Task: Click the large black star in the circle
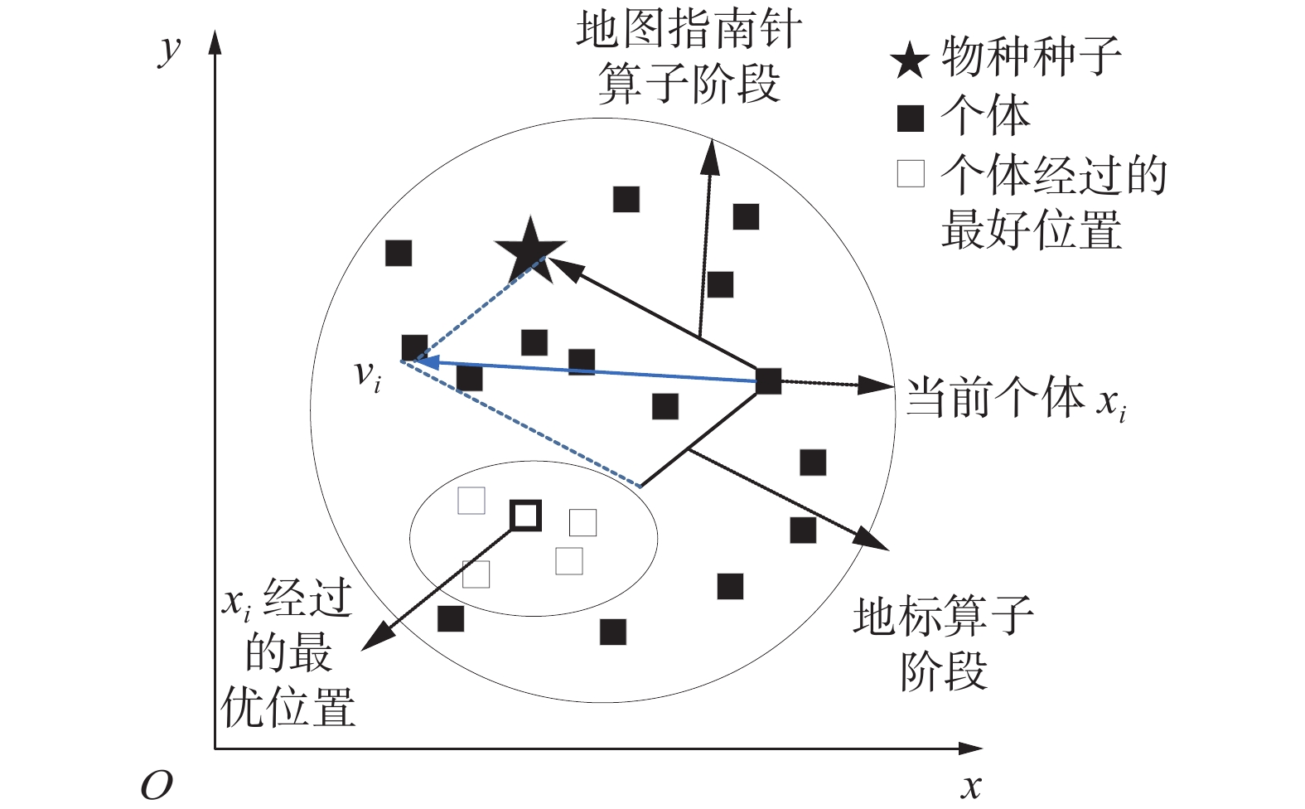pyautogui.click(x=529, y=248)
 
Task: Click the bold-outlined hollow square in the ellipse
pyautogui.click(x=525, y=516)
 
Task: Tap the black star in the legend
pyautogui.click(x=910, y=61)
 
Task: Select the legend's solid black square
pyautogui.click(x=911, y=119)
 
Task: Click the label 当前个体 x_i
pyautogui.click(x=1015, y=398)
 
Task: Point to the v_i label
pyautogui.click(x=367, y=375)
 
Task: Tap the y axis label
pyautogui.click(x=169, y=48)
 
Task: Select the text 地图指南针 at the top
pyautogui.click(x=689, y=31)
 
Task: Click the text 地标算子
pyautogui.click(x=943, y=616)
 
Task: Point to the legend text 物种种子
pyautogui.click(x=1032, y=58)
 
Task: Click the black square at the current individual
pyautogui.click(x=768, y=381)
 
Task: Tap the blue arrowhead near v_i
pyautogui.click(x=424, y=362)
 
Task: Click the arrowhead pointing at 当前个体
pyautogui.click(x=876, y=385)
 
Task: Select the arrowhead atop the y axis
pyautogui.click(x=215, y=41)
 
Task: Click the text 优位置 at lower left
pyautogui.click(x=288, y=707)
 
